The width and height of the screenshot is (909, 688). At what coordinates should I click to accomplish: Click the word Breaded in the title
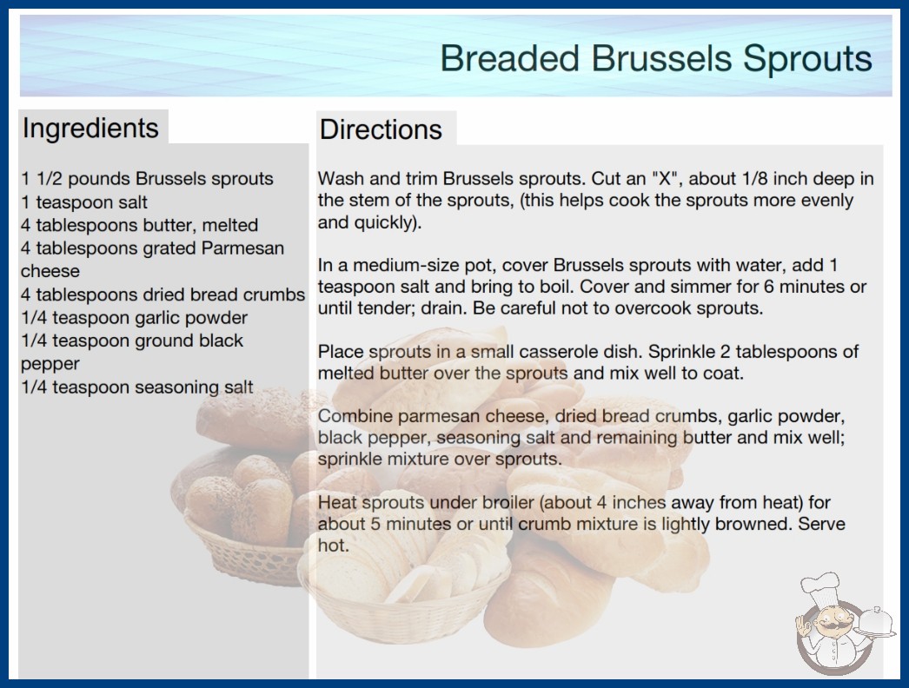point(509,58)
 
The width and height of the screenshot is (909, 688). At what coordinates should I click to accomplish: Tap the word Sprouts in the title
point(807,59)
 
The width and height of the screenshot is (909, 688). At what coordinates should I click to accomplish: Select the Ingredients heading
point(90,128)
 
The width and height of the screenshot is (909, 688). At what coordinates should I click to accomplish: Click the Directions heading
point(381,129)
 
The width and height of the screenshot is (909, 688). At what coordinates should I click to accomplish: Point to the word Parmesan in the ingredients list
point(242,248)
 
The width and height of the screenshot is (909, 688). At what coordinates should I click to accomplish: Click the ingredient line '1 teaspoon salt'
point(84,202)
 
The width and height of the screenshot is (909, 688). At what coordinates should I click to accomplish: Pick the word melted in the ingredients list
point(230,225)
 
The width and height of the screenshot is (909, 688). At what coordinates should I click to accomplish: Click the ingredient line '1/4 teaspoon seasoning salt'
point(136,387)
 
